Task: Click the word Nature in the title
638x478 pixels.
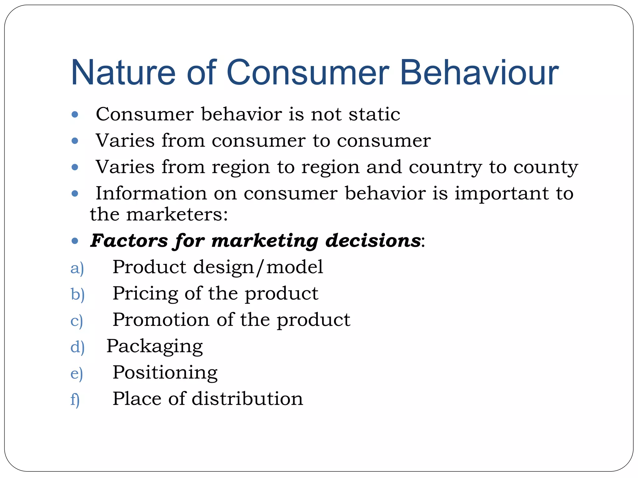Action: click(x=123, y=73)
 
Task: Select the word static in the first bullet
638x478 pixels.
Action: click(x=374, y=114)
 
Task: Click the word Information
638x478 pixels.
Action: click(x=151, y=194)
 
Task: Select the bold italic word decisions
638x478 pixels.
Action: click(x=373, y=241)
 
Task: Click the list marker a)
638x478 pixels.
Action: click(x=77, y=268)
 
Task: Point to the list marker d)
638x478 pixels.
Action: click(x=77, y=347)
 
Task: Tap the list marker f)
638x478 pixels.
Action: click(x=75, y=400)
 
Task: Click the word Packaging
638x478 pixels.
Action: click(x=155, y=346)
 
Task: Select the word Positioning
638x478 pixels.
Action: click(x=165, y=373)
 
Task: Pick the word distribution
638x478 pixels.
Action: click(x=247, y=399)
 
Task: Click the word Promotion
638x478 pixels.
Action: click(x=161, y=320)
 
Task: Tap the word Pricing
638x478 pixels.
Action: click(x=145, y=294)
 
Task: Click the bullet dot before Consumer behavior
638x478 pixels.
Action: click(x=74, y=115)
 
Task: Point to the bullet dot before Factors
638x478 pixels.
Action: click(x=74, y=241)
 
